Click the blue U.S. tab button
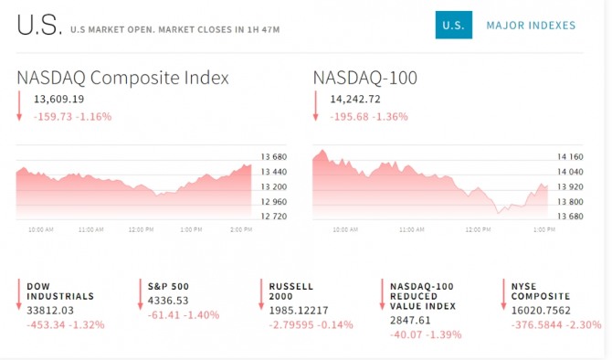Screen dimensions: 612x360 coord(454,25)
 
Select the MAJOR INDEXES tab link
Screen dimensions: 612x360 coord(531,26)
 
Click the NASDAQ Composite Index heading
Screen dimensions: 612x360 coord(122,78)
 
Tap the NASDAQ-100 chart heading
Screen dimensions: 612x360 coord(365,78)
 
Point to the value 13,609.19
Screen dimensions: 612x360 coord(59,100)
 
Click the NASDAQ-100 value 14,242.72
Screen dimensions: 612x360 coord(355,100)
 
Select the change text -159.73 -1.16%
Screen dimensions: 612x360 coord(72,117)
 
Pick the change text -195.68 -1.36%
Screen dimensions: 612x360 coord(369,117)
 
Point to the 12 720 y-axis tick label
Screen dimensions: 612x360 coord(274,217)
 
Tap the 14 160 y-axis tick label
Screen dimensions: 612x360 coord(570,157)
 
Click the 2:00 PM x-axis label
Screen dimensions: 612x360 coord(241,229)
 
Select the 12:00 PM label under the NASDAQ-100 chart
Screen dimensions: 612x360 coord(478,229)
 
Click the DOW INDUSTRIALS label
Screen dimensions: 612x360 coord(60,291)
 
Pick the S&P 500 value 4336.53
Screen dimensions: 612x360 coord(168,301)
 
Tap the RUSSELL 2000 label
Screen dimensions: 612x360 coord(291,291)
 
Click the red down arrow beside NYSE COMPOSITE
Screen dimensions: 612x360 coord(503,294)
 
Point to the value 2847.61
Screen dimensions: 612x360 coord(410,320)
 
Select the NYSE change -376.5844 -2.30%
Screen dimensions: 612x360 coord(556,325)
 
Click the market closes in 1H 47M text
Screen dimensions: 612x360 coord(219,29)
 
